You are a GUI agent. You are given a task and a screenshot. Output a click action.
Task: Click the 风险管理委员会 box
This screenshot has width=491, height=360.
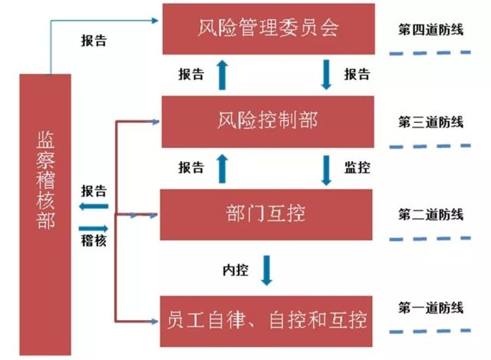click(x=266, y=29)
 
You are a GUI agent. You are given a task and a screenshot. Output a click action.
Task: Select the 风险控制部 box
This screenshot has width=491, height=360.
click(x=266, y=121)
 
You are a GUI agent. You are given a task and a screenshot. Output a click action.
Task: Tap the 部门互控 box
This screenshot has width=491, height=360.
click(x=266, y=213)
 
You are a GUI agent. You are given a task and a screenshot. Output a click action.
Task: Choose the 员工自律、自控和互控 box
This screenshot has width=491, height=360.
click(x=266, y=317)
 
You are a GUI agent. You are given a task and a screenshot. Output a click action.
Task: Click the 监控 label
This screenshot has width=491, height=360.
click(x=357, y=167)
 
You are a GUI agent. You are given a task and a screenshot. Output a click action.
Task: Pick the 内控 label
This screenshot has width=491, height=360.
click(x=234, y=271)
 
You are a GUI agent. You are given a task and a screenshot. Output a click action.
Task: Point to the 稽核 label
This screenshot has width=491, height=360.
click(x=94, y=240)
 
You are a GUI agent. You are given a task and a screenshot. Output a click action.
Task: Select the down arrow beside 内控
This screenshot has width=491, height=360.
click(x=266, y=270)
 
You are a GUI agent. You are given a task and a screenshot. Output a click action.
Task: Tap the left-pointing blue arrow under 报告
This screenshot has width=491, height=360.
click(x=94, y=206)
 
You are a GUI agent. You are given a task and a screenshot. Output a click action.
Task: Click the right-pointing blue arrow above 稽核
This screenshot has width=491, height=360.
click(x=94, y=227)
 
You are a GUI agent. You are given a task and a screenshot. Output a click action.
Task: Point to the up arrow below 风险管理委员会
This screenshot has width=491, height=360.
click(x=222, y=74)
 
